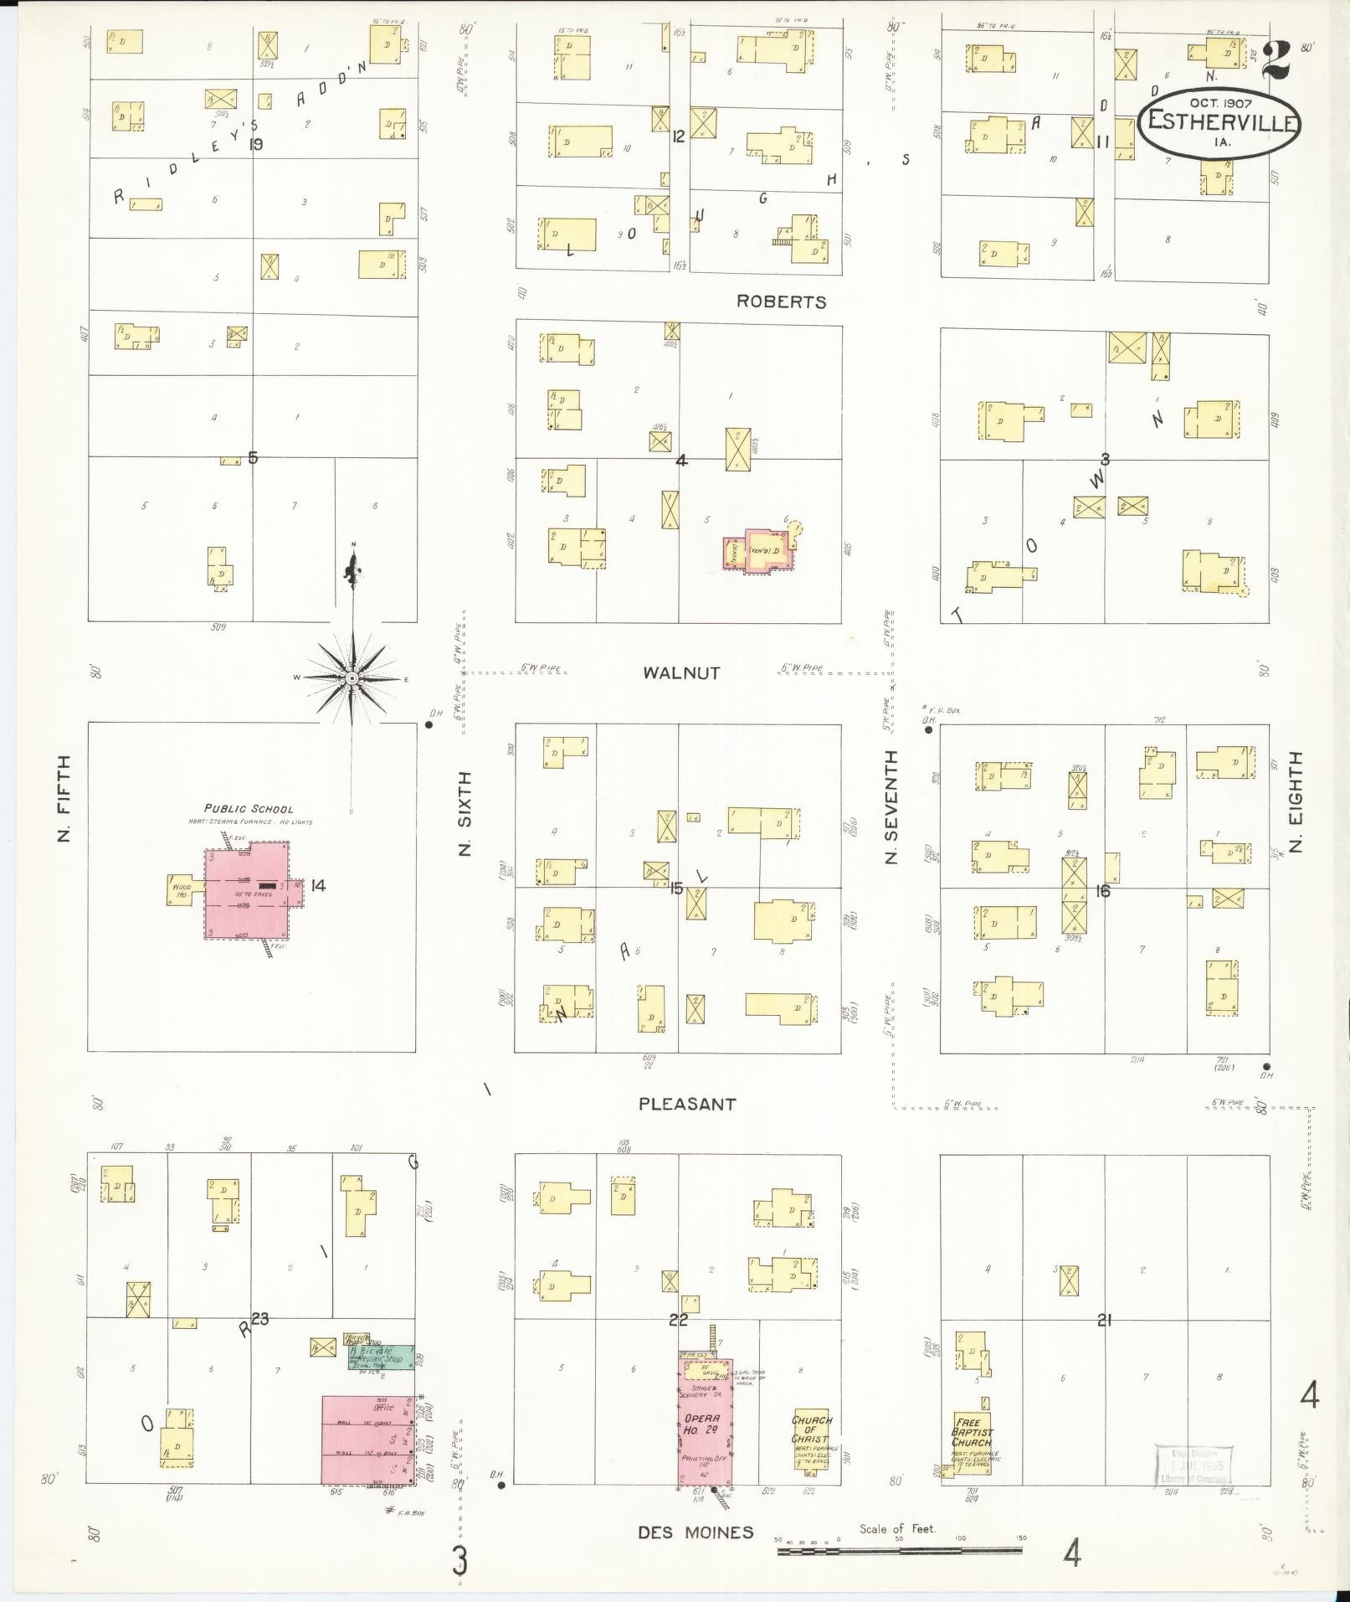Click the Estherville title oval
(x=1219, y=122)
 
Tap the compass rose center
(x=352, y=677)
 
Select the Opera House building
(x=706, y=1423)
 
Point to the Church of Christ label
(x=811, y=1428)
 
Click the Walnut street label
(x=681, y=672)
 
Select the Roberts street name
(x=781, y=302)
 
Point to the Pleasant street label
(x=687, y=1104)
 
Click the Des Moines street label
(x=696, y=1532)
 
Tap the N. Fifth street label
(x=65, y=799)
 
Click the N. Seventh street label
(x=891, y=806)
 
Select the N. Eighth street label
(x=1296, y=801)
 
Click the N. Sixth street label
(x=465, y=813)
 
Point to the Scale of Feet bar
(x=900, y=1551)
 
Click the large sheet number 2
(x=1276, y=59)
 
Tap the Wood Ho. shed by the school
(x=182, y=889)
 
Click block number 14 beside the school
(x=318, y=885)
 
